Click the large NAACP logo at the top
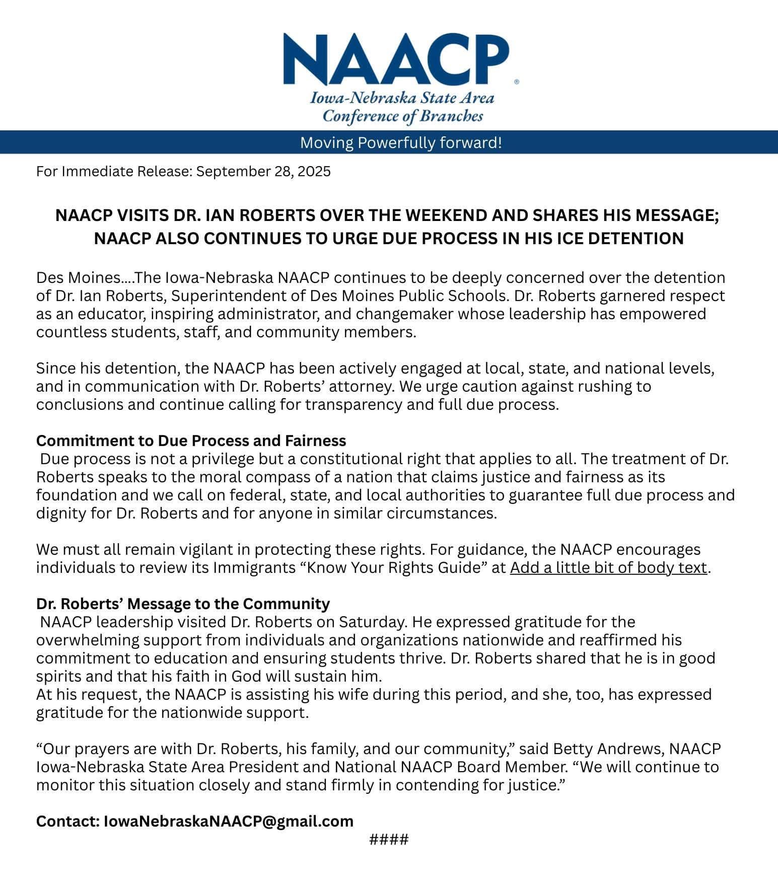click(396, 59)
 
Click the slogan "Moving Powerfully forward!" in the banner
click(401, 143)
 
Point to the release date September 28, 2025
click(263, 172)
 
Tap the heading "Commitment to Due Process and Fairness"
click(191, 440)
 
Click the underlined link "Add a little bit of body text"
click(608, 567)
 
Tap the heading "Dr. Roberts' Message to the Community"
click(183, 604)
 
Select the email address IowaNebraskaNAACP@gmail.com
click(229, 821)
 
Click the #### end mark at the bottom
click(389, 840)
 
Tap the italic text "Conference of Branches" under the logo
click(402, 116)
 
